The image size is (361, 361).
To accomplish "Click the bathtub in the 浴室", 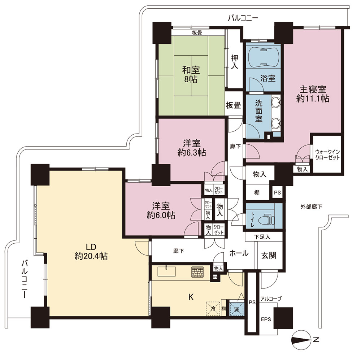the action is pos(264,57).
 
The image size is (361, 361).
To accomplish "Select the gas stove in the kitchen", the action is pos(197,272).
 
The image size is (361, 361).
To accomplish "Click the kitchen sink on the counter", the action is pos(166,271).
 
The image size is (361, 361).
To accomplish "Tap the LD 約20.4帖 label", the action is pos(91,251).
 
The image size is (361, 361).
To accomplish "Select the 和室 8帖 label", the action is pos(191,74).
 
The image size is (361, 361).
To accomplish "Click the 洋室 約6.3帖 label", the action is pos(192,148).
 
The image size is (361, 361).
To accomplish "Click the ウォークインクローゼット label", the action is pos(327,155).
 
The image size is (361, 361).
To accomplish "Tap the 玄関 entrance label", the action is pos(269,255).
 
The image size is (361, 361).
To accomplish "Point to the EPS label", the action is pos(266,319).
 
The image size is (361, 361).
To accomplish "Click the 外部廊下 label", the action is pos(311,207).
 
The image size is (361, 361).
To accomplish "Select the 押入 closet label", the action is pos(235,62).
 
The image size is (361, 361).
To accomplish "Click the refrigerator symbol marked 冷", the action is pos(213,309).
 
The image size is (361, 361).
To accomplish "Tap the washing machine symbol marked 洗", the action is pos(237,309).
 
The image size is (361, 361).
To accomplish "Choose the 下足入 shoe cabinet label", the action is pos(262,237).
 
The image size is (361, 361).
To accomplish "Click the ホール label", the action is pos(239,253).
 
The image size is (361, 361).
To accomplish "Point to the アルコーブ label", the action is pos(271,299).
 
